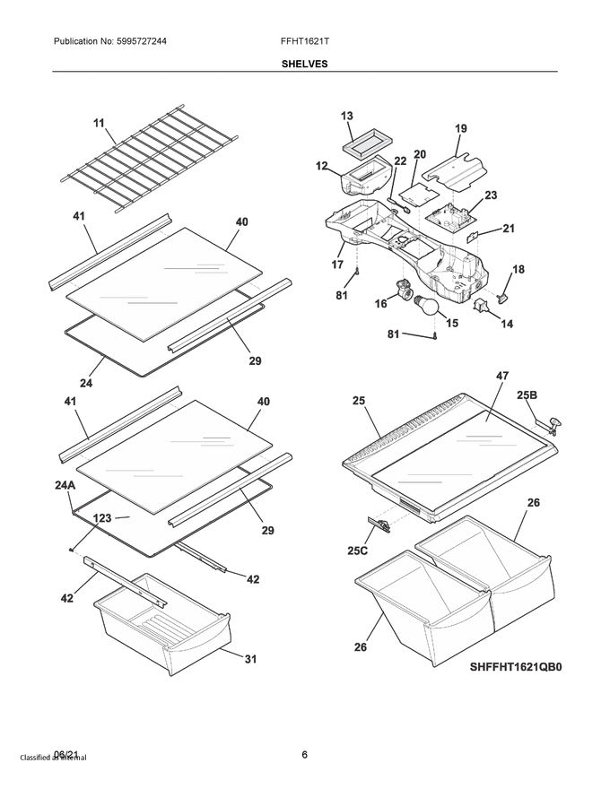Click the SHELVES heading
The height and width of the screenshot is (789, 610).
(305, 64)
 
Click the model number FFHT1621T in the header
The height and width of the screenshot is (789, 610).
(305, 41)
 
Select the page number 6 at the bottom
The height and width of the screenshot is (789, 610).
(305, 754)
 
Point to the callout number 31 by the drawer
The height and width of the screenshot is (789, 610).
(249, 661)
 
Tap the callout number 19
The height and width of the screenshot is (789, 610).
(460, 129)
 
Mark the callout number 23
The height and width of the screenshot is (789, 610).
(491, 195)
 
